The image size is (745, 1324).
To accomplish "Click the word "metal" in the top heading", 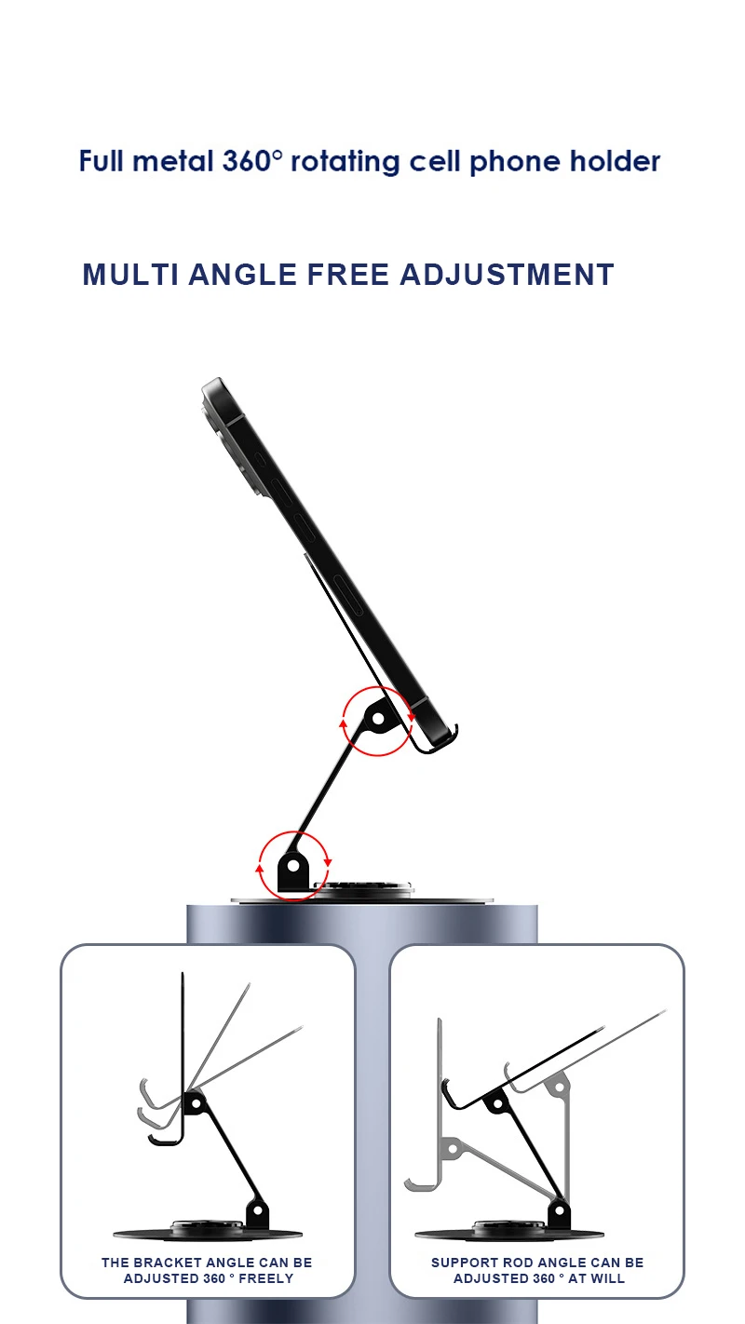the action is coord(172,161).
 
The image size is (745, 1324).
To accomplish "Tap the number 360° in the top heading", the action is coord(252,161).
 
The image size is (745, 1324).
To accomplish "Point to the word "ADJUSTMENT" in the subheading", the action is coord(507,275).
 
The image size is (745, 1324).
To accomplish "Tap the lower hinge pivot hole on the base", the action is coord(293,867).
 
